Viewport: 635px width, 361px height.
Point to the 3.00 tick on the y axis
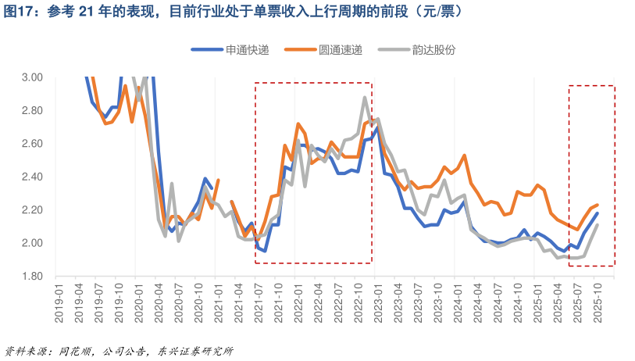tap(32, 77)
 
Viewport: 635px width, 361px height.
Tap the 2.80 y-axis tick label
tap(32, 110)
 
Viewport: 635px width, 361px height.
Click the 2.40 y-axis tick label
tap(32, 177)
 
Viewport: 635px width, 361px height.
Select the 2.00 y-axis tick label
tap(32, 243)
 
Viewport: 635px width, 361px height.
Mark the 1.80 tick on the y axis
tap(32, 276)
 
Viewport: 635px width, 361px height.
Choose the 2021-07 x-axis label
tap(256, 295)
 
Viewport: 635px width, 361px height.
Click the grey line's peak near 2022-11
tap(365, 97)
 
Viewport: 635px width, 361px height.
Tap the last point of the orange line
tap(598, 205)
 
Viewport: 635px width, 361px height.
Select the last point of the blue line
tap(598, 213)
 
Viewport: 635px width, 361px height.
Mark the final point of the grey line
tap(598, 225)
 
